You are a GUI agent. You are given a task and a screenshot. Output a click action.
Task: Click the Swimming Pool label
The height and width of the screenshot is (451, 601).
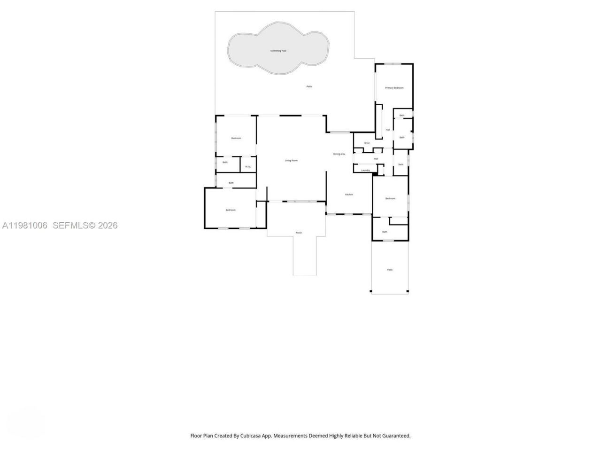point(278,51)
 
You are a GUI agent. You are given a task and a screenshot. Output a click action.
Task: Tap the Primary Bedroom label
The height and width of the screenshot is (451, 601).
point(394,88)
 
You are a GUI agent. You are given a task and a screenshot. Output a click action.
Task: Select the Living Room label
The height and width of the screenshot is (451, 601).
point(291,161)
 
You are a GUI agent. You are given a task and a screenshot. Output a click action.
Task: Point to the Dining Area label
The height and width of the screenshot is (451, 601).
point(339,154)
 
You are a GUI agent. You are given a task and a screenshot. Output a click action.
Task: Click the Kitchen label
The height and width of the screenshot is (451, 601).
point(349,194)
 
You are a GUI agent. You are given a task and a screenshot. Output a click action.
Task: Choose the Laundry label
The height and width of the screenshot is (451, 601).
point(365,170)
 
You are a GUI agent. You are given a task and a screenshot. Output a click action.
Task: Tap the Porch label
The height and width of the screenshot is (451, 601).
point(299,233)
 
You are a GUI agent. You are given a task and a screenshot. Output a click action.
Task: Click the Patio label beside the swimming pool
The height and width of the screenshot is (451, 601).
point(309,86)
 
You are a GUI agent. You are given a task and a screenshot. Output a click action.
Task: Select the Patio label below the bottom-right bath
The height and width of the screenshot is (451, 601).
point(389,270)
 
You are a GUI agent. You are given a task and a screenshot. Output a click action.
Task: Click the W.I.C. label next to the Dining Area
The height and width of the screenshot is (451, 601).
point(367,143)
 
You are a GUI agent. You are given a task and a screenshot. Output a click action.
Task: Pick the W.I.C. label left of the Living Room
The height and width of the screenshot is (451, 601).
point(248,166)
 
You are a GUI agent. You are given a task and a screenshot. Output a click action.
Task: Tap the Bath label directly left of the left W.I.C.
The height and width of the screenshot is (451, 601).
point(225,163)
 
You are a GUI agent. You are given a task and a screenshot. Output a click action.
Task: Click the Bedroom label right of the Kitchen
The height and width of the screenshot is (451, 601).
point(390,199)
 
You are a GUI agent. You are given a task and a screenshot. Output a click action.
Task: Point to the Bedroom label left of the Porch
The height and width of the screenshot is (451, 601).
point(230,210)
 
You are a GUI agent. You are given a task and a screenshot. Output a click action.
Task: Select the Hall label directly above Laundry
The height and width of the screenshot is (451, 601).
point(376,159)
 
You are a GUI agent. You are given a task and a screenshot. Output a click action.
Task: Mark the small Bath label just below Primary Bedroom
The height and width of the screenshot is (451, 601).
point(401,116)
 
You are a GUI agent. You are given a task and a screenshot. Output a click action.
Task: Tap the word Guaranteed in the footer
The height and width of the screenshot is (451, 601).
point(394,436)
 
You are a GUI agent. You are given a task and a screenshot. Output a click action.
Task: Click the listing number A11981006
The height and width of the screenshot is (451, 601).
point(25,225)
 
